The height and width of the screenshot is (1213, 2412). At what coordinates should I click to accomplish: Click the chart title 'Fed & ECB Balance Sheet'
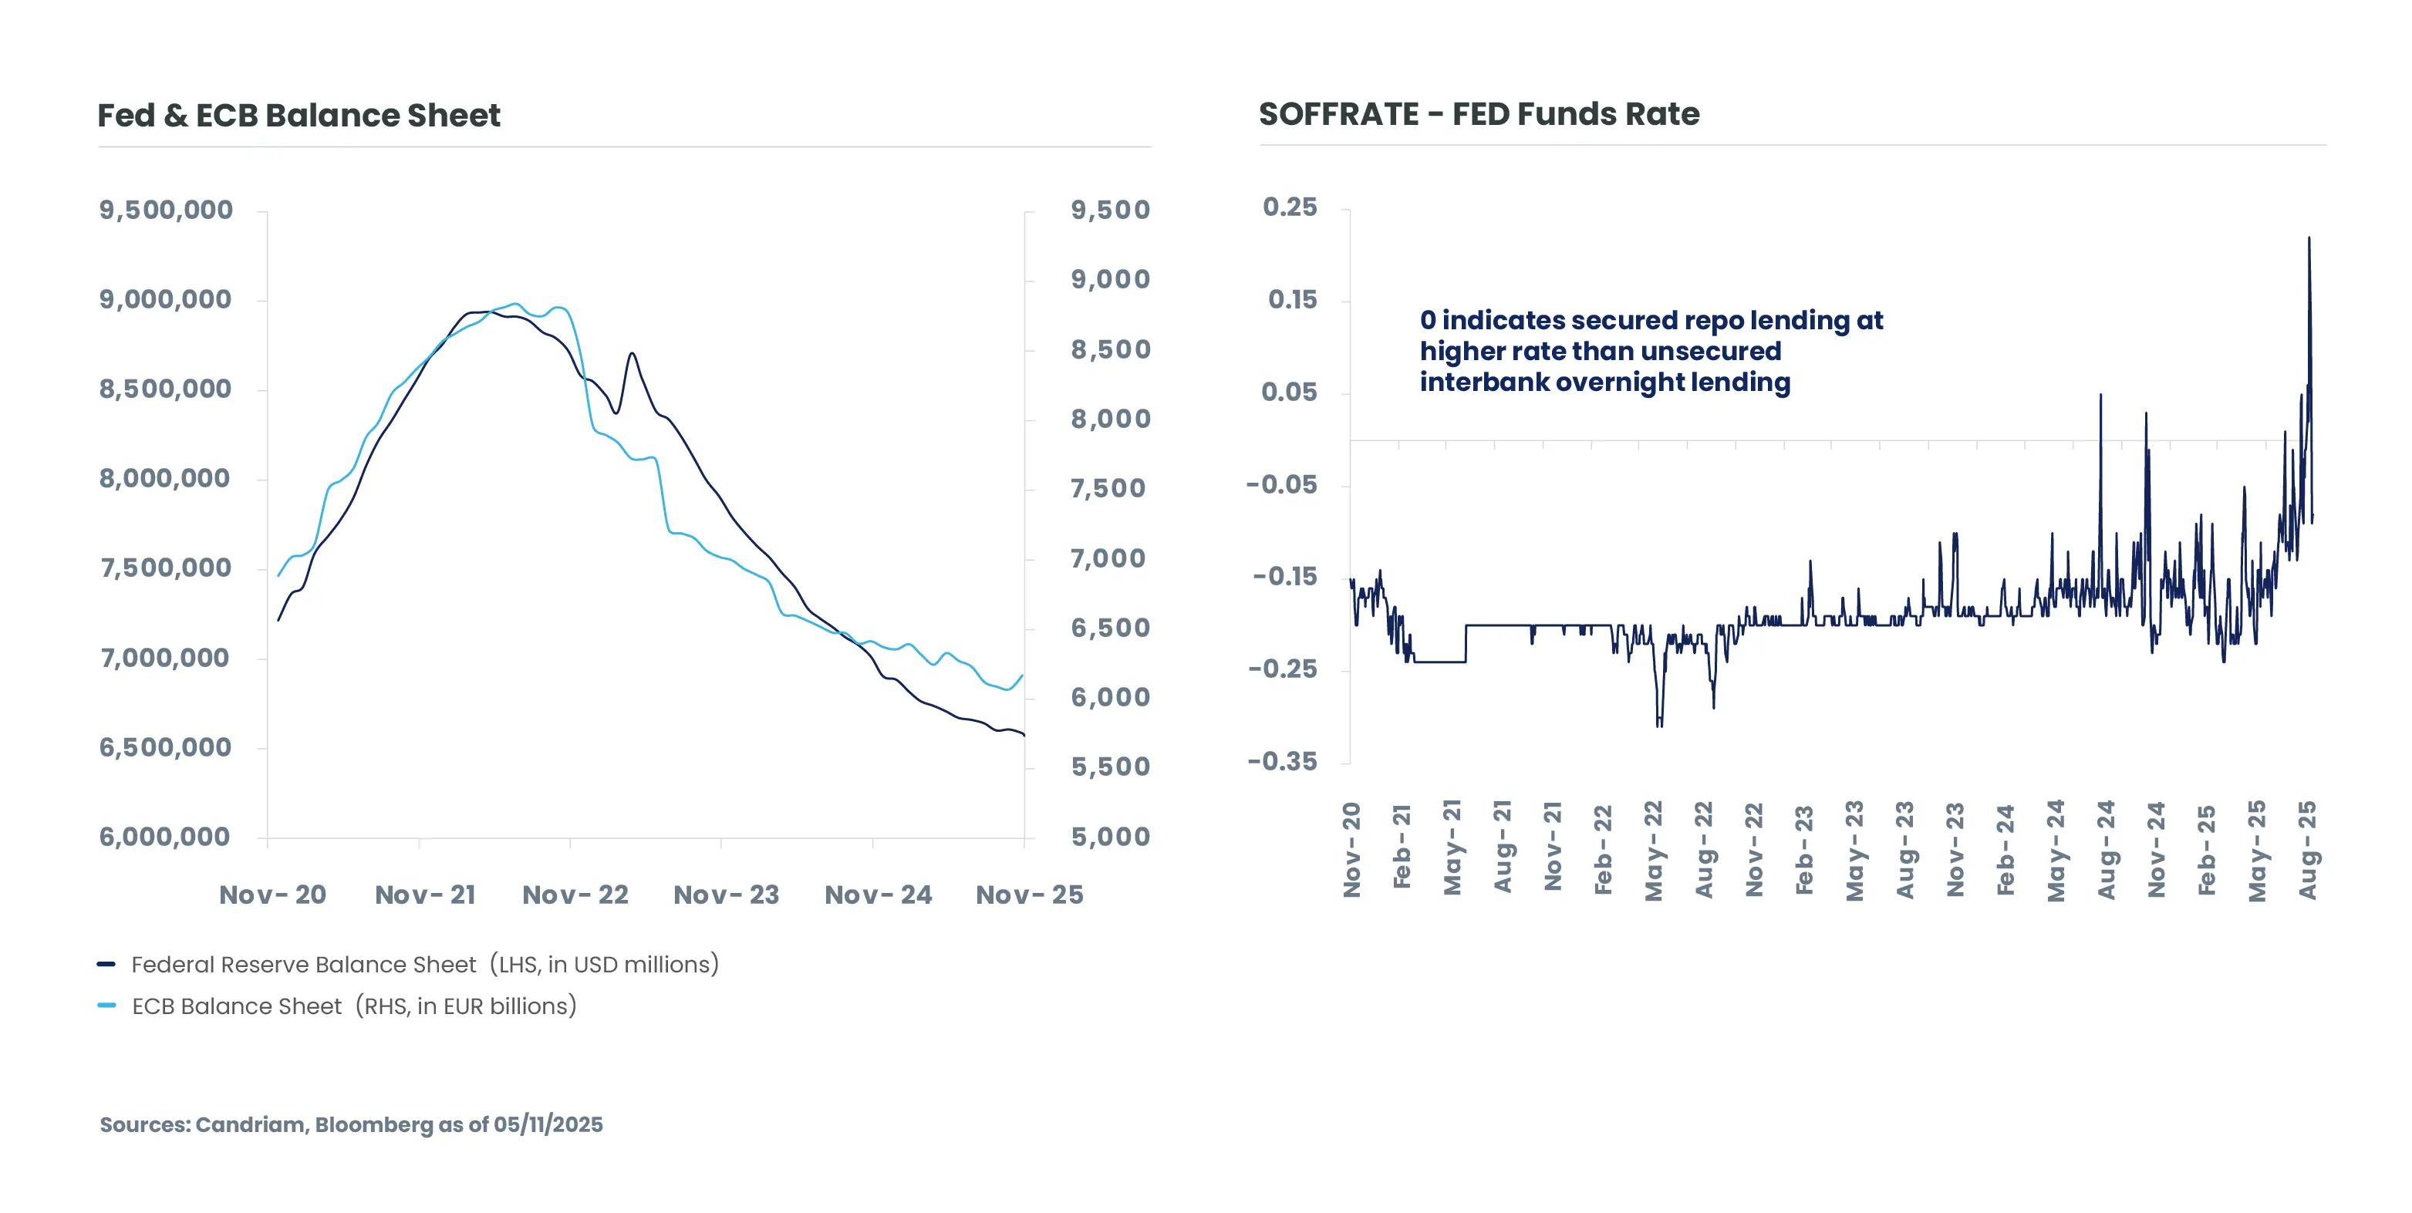[299, 115]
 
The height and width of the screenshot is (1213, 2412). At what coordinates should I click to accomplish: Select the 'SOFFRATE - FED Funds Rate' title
[1479, 114]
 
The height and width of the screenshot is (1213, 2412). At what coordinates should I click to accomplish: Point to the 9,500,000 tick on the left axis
[166, 210]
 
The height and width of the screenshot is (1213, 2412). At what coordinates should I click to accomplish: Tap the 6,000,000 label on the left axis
[165, 837]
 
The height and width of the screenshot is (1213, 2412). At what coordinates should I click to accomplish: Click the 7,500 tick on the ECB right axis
[1108, 489]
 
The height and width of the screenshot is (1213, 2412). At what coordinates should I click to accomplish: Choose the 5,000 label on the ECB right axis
[1111, 837]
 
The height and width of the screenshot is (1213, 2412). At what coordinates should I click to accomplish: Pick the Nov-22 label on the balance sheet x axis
[575, 895]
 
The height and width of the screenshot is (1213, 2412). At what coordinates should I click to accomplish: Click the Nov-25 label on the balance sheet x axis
[1029, 895]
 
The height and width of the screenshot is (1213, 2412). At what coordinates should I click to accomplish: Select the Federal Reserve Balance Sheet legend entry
[424, 965]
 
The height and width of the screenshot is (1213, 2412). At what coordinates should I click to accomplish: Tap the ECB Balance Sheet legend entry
[354, 1006]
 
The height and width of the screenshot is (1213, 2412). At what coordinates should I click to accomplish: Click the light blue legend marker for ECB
[106, 1006]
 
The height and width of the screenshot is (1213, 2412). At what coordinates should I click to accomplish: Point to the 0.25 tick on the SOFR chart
[1290, 207]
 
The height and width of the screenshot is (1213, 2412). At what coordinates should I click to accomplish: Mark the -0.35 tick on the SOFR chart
[1282, 762]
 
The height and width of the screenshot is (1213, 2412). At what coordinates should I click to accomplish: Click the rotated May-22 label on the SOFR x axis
[1655, 850]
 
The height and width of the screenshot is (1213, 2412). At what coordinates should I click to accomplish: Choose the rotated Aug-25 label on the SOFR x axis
[2308, 850]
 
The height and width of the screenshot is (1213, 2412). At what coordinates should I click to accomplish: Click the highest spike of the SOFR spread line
[2309, 239]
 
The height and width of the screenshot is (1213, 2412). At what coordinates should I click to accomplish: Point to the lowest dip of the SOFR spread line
[1659, 726]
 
